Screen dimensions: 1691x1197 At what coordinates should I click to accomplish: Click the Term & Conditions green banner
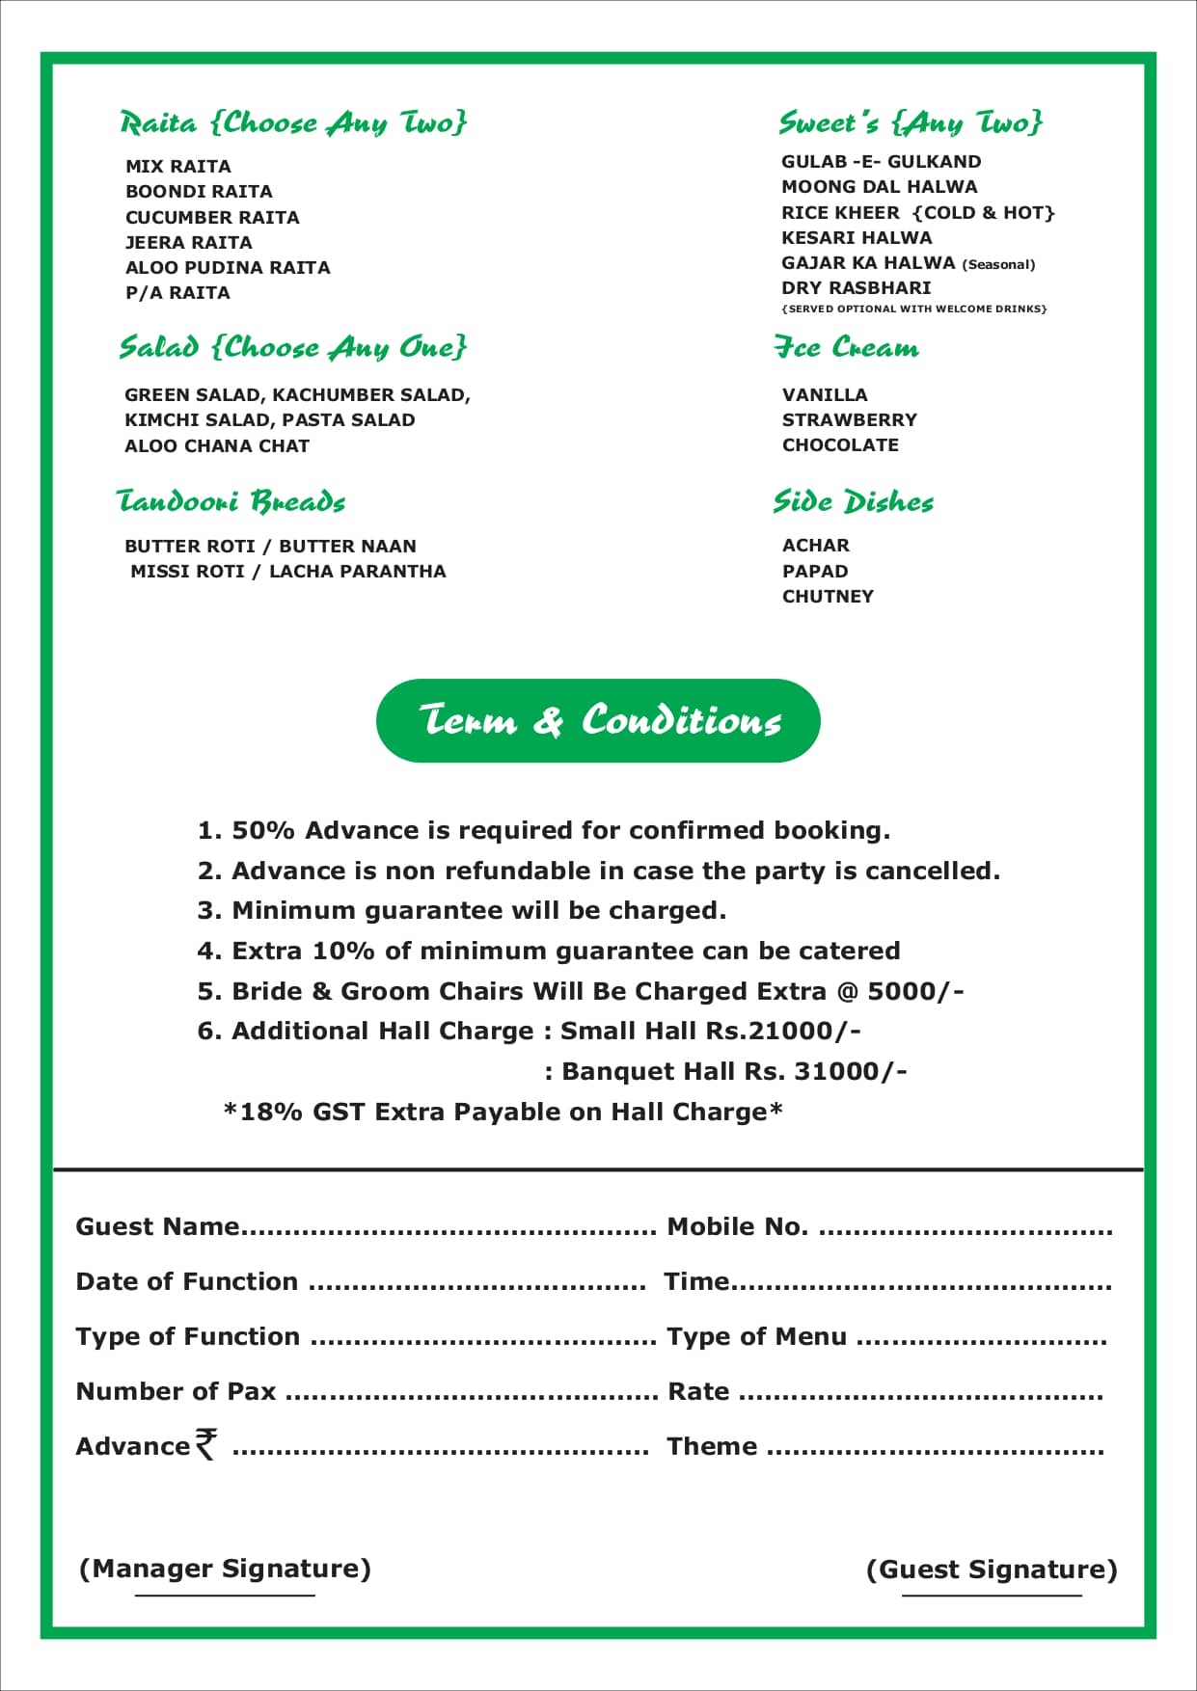(598, 720)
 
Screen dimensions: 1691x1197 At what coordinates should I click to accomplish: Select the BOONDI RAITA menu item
(199, 191)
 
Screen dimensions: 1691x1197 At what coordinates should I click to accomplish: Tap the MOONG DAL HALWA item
(879, 186)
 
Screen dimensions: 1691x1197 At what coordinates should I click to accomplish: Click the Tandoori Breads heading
(231, 501)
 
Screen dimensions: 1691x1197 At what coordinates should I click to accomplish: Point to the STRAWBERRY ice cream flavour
(849, 419)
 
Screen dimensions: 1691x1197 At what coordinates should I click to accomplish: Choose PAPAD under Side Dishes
(815, 571)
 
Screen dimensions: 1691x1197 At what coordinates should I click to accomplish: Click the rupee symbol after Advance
(205, 1443)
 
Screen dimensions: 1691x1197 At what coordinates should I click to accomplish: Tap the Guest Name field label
(157, 1226)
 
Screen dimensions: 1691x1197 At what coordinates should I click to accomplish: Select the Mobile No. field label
(737, 1226)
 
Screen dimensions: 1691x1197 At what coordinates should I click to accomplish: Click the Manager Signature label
(225, 1569)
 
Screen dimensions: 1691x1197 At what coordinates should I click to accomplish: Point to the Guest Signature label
(992, 1570)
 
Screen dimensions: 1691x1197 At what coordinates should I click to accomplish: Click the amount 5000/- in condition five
(915, 991)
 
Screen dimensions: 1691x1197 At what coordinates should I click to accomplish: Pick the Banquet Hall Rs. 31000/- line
(725, 1071)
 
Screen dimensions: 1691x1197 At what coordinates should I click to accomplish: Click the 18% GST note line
(503, 1112)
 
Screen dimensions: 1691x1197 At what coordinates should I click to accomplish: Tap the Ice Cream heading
(846, 347)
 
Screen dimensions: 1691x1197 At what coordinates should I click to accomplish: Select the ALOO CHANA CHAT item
(217, 445)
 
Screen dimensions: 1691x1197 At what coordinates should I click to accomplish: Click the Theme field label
(712, 1446)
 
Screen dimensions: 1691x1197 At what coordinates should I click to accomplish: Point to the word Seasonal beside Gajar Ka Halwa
(998, 264)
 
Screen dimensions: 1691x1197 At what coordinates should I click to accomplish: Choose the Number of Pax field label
(176, 1391)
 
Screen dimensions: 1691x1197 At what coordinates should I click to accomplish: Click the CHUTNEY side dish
(828, 596)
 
